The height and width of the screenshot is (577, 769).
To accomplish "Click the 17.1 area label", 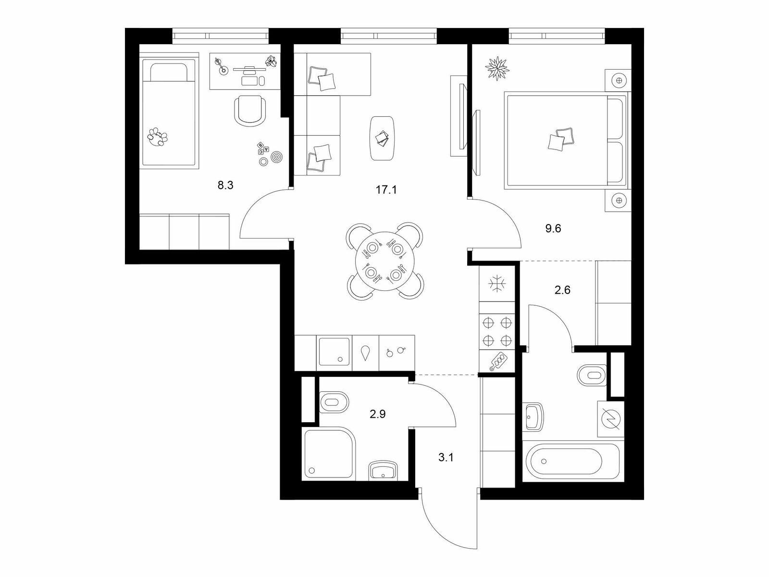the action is tap(386, 190).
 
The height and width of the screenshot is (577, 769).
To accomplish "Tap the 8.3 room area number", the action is tap(225, 185).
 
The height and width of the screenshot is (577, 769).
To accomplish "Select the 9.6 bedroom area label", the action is tap(553, 228).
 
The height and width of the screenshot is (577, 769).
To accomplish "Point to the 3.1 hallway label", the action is tap(446, 457).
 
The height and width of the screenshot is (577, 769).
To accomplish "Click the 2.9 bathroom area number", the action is tap(378, 414).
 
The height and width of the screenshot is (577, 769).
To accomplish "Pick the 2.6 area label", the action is tap(563, 290).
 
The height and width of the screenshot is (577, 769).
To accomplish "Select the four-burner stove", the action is tap(497, 331).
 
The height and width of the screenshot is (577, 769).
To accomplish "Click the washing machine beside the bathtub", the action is tap(611, 419).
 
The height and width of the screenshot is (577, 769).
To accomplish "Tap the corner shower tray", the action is tap(329, 453).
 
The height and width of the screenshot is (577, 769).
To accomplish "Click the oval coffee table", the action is tap(383, 138).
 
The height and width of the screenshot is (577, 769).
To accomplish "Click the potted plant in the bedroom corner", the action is tap(497, 68).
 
